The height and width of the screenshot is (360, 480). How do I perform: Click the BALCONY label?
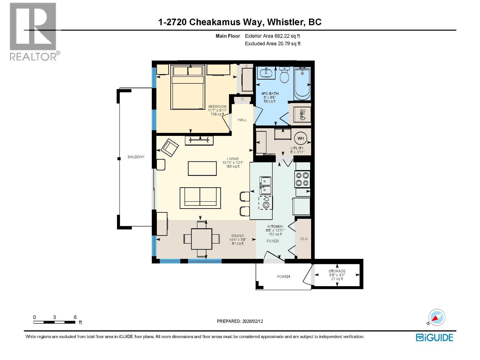pos(136,157)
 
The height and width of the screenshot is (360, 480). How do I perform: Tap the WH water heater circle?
pos(301,138)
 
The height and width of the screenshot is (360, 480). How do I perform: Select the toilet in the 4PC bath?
pos(284,75)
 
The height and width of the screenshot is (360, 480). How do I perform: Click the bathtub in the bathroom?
pos(302,83)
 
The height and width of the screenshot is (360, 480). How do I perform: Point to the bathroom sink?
pos(266,73)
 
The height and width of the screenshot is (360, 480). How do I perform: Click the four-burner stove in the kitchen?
pos(302,179)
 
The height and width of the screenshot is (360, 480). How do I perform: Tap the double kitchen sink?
pos(265,185)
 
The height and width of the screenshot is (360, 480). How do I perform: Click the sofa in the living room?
pos(200,198)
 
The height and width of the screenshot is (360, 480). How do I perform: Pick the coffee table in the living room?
pos(202,168)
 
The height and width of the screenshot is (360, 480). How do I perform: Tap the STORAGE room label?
pos(337,271)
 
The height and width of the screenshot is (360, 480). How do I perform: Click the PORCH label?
pos(283,277)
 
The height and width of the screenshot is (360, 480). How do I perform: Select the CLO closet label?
pos(304,239)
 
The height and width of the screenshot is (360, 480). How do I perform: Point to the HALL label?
pos(242,120)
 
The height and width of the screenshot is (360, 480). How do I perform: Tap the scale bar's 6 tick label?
pos(75,317)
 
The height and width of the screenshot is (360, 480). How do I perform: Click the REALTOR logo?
pos(34,31)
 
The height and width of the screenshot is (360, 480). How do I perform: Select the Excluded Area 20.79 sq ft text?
pos(272,43)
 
